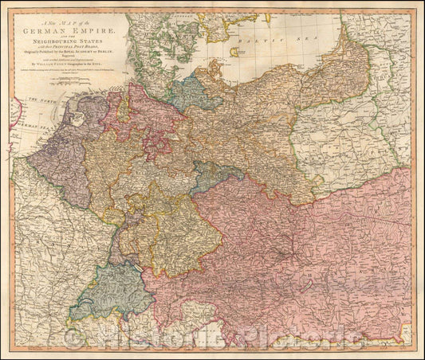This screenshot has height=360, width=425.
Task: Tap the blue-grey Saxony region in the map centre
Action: (x=216, y=175)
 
